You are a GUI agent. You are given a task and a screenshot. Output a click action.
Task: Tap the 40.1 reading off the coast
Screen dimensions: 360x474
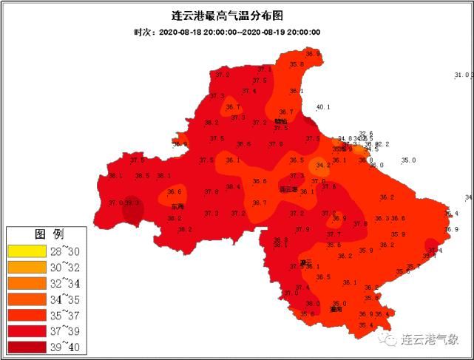pos(323,107)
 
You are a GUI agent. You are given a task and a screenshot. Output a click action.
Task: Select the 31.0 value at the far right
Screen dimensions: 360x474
pos(463,75)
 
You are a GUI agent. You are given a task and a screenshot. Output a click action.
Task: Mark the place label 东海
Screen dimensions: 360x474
pos(177,206)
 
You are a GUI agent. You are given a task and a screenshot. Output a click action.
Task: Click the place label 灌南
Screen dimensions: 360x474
pos(336,310)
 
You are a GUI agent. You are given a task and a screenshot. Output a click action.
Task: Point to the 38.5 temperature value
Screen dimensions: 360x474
pos(142,176)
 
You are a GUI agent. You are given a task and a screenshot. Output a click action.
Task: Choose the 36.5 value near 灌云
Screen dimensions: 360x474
pos(322,277)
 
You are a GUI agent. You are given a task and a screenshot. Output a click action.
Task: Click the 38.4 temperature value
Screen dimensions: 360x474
pos(233,187)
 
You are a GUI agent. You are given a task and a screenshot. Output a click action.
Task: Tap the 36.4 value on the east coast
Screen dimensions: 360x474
pos(451,214)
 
